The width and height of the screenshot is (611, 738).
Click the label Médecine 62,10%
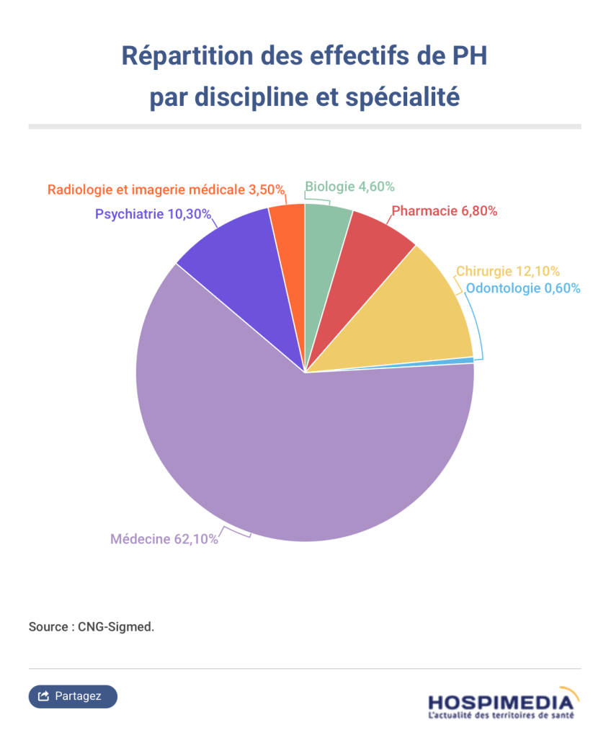click(x=164, y=538)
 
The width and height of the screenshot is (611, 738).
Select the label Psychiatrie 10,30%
click(x=153, y=214)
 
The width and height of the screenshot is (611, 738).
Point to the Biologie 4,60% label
click(x=349, y=187)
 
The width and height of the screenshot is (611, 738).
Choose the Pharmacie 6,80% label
click(x=445, y=211)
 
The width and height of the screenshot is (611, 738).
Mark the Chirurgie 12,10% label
click(x=508, y=272)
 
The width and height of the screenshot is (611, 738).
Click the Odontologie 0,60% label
click(x=522, y=289)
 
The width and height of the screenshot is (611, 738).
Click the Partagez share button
click(x=73, y=696)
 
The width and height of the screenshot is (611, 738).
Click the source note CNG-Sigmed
click(x=92, y=626)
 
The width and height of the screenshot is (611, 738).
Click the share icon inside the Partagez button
click(x=43, y=696)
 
